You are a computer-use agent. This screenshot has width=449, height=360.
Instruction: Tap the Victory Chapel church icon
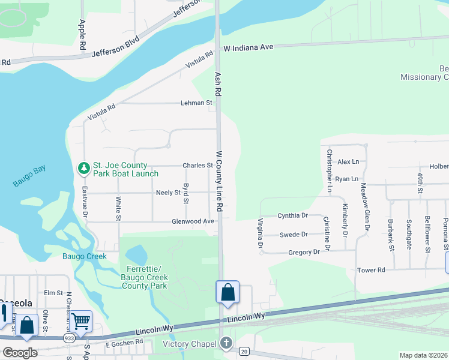point(226,343)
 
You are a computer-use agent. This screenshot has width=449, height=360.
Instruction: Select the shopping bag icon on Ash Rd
point(228,293)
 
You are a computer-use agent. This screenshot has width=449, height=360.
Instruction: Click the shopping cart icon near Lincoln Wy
point(80,322)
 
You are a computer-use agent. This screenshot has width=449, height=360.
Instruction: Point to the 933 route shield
point(70,339)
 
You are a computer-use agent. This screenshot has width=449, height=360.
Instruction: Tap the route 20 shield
point(244,350)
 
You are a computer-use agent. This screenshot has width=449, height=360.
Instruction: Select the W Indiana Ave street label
point(249,47)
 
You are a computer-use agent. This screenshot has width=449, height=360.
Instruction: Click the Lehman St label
point(197,103)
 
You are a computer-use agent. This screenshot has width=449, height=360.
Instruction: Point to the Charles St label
point(197,165)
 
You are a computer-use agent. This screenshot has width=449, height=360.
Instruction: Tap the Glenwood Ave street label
point(193,221)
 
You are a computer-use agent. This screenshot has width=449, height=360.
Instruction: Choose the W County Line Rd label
point(220,181)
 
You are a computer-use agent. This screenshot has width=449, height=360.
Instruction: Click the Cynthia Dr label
point(292,215)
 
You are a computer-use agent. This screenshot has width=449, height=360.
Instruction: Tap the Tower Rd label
point(371,271)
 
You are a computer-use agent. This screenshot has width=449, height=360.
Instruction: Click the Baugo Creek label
point(85,256)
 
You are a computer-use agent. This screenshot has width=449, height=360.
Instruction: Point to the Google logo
point(20,353)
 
